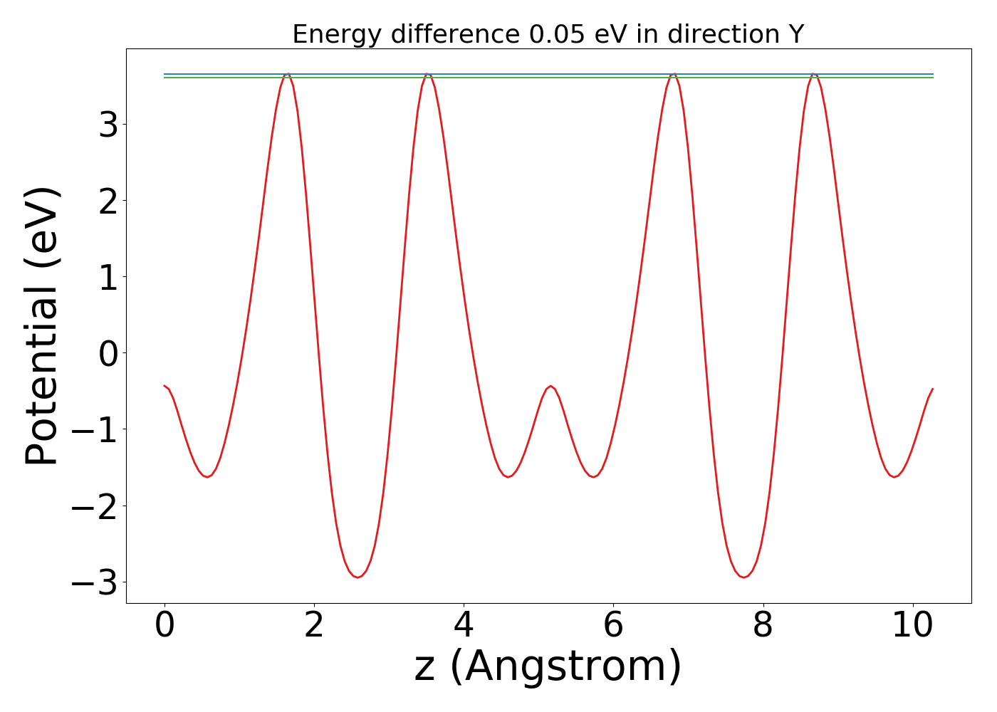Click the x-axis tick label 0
point(165,627)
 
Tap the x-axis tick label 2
point(314,627)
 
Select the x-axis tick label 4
point(464,627)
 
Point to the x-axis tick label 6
point(613,627)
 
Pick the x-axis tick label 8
point(763,627)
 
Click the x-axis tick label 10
point(912,627)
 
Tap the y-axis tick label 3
point(108,125)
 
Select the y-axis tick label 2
point(108,201)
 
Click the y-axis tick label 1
point(108,277)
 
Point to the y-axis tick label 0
point(108,353)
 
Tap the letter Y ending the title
point(795,34)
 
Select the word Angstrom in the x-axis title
point(565,667)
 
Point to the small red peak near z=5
point(550,387)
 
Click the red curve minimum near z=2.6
point(357,577)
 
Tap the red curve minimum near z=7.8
point(743,577)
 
